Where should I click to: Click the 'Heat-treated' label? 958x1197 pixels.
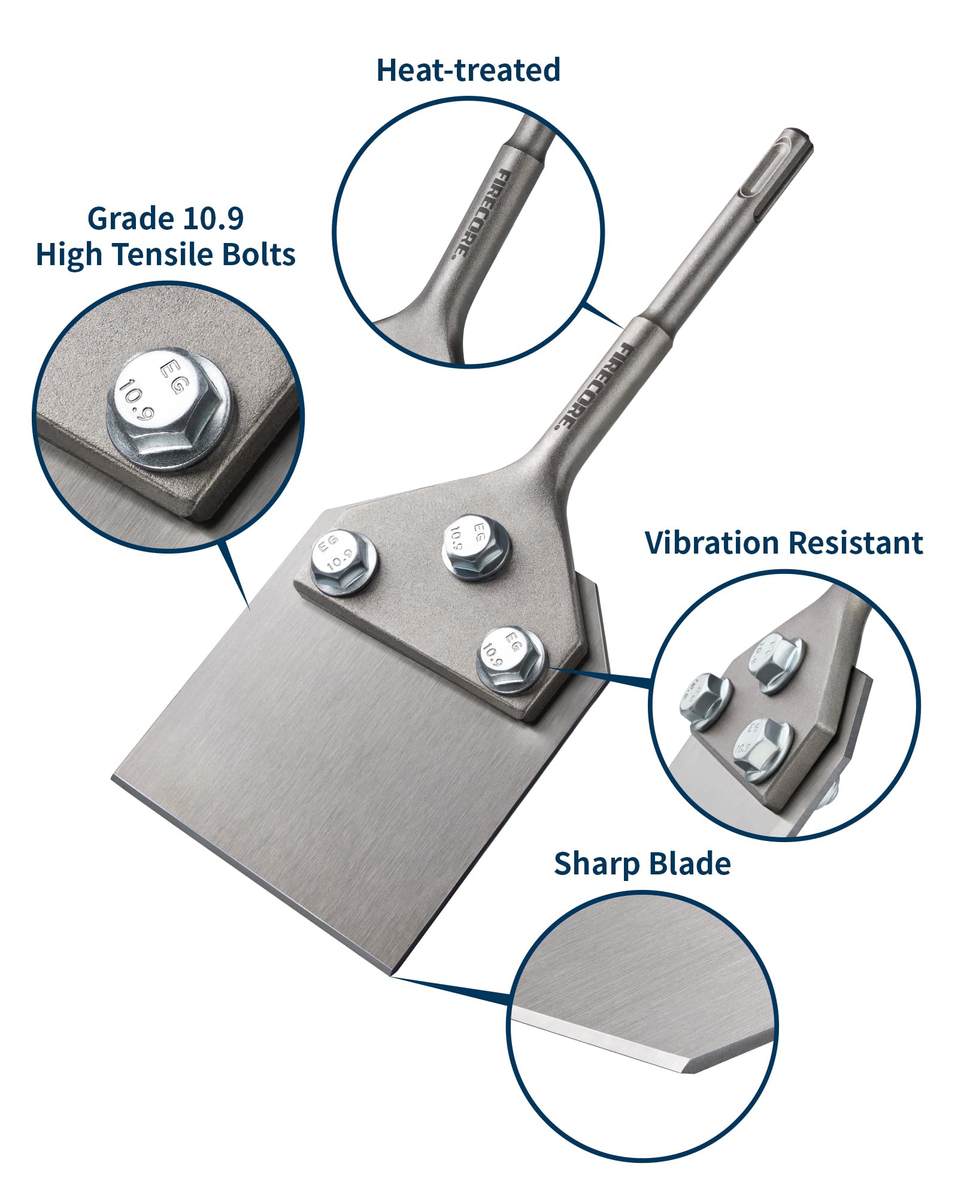[x=468, y=70]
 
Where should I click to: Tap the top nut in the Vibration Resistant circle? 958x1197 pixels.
[x=775, y=663]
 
